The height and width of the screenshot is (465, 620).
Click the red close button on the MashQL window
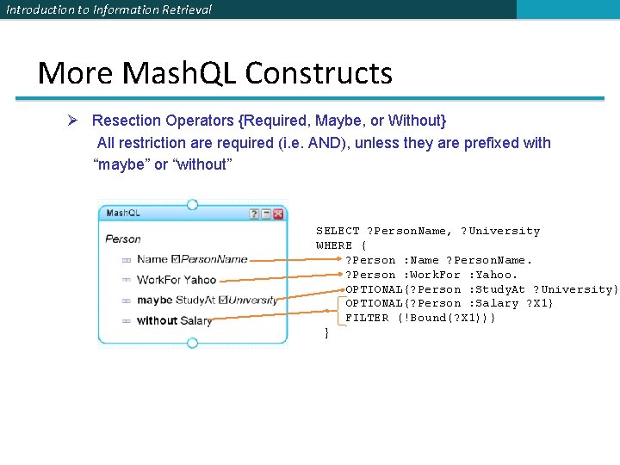coord(278,214)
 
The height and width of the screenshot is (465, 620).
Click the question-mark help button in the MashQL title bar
coord(254,214)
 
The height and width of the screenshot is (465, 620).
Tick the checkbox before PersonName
coord(176,259)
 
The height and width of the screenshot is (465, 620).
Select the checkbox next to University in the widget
coord(224,301)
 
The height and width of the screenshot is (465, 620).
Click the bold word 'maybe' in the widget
coord(154,301)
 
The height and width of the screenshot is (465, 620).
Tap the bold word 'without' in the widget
coord(157,321)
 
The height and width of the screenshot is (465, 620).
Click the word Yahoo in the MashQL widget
coord(201,280)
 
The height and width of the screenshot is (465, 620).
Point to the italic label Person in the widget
coord(123,239)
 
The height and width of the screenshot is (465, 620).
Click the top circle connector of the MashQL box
coord(192,205)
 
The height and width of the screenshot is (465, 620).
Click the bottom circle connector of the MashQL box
coord(192,343)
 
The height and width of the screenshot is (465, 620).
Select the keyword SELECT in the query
coord(338,231)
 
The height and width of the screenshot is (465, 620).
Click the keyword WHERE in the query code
coord(334,245)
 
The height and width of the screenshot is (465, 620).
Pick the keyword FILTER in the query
coord(367,318)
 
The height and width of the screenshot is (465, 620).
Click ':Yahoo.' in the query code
coord(493,275)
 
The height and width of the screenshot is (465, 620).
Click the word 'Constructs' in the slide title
coord(319,73)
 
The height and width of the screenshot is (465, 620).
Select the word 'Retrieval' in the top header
coord(187,9)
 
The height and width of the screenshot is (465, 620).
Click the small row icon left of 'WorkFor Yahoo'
coord(126,280)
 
